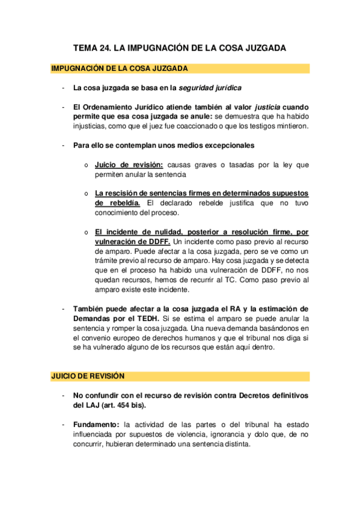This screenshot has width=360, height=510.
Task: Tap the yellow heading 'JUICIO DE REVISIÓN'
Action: [88, 376]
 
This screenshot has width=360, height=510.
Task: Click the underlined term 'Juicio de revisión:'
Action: [129, 164]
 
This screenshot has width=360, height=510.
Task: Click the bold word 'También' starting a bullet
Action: [90, 309]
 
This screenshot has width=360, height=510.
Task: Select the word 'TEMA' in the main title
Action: [85, 48]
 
